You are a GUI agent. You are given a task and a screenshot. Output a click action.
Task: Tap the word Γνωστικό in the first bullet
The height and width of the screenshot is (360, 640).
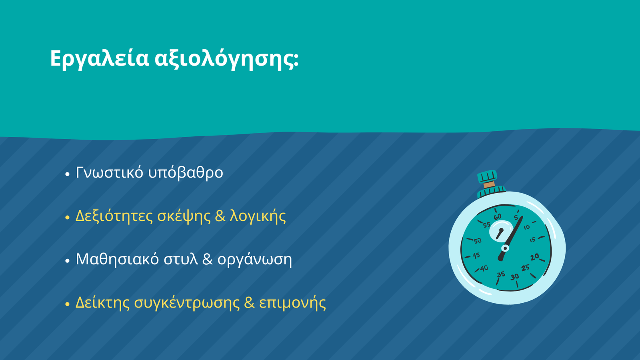[x=110, y=172]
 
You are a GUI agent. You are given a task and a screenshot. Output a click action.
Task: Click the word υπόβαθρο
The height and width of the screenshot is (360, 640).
[x=186, y=172]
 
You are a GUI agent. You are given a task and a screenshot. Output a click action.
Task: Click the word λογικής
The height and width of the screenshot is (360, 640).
[x=258, y=216]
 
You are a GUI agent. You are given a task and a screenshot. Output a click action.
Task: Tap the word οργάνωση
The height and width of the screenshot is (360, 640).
[x=255, y=260]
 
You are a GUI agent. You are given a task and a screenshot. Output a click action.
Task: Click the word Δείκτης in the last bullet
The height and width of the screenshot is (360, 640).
[x=102, y=302]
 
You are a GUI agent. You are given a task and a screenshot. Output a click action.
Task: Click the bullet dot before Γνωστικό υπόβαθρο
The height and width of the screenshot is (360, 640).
[x=68, y=174]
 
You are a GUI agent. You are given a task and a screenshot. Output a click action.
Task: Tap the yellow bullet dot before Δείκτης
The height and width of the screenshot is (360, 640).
[x=68, y=304]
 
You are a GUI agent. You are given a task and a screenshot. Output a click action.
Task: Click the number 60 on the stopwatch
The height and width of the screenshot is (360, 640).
[x=498, y=217]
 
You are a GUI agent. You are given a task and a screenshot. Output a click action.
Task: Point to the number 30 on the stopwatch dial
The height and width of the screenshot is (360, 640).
[x=514, y=277]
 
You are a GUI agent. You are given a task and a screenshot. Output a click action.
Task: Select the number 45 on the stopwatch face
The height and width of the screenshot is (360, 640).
[x=476, y=256]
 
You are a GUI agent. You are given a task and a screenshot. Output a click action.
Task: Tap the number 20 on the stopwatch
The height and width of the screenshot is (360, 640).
[x=534, y=257]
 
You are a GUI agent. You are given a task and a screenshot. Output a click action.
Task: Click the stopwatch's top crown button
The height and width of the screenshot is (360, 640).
[x=488, y=176]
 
